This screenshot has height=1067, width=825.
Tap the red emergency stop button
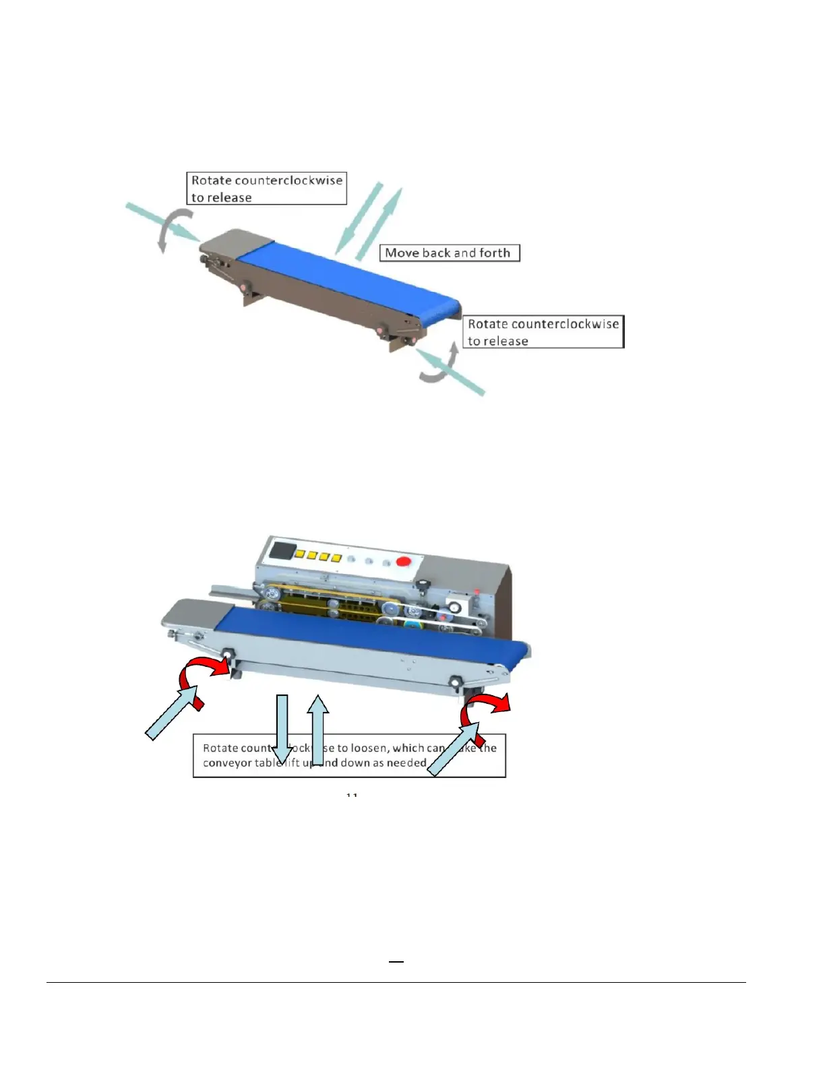click(x=404, y=564)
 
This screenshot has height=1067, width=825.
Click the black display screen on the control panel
click(x=280, y=550)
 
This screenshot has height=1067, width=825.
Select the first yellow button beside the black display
click(x=301, y=554)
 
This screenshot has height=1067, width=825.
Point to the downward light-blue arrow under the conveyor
click(x=282, y=727)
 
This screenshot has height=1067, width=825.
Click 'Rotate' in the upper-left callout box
click(x=211, y=181)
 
